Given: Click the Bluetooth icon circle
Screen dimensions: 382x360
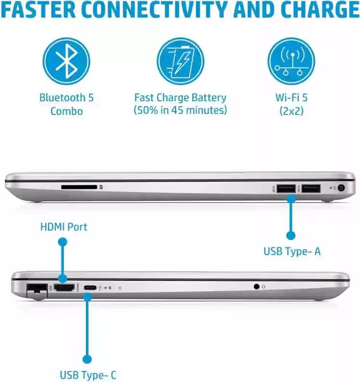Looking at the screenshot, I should click(x=66, y=61).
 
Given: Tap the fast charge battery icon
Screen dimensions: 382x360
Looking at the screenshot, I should click(x=180, y=61).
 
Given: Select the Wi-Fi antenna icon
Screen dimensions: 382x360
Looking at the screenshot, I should click(x=291, y=61).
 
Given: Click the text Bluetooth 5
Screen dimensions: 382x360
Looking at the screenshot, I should click(x=66, y=98).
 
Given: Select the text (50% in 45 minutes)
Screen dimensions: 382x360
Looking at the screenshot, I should click(x=180, y=111).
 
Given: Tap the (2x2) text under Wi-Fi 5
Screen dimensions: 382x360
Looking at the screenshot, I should click(x=291, y=111).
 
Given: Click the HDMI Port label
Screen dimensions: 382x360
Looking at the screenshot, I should click(x=64, y=227).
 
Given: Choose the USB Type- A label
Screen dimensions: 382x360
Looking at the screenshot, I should click(x=292, y=251).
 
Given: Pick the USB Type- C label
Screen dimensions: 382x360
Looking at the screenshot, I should click(x=88, y=375).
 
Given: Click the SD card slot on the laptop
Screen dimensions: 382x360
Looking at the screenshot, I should click(x=79, y=188).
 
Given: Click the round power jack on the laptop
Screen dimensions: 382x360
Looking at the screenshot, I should click(x=342, y=189).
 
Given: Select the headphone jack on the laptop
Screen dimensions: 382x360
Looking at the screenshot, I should click(x=257, y=286).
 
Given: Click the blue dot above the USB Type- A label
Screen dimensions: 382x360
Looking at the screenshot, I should click(x=290, y=235).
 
